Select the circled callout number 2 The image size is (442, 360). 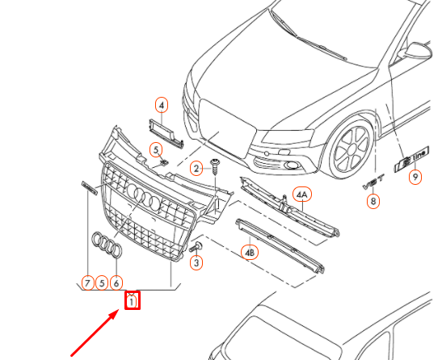coord(196,168)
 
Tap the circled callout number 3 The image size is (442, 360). coord(196,262)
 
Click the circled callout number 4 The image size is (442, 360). coord(162,106)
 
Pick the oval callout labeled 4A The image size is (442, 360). coord(302,195)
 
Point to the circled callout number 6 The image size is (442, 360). coord(116,283)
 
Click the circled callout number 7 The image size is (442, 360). coord(86,283)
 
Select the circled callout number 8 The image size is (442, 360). coord(373,202)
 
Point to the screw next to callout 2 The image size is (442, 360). coord(215,166)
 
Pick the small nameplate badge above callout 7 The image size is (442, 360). coord(88,189)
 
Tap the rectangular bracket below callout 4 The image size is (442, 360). coord(164,131)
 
